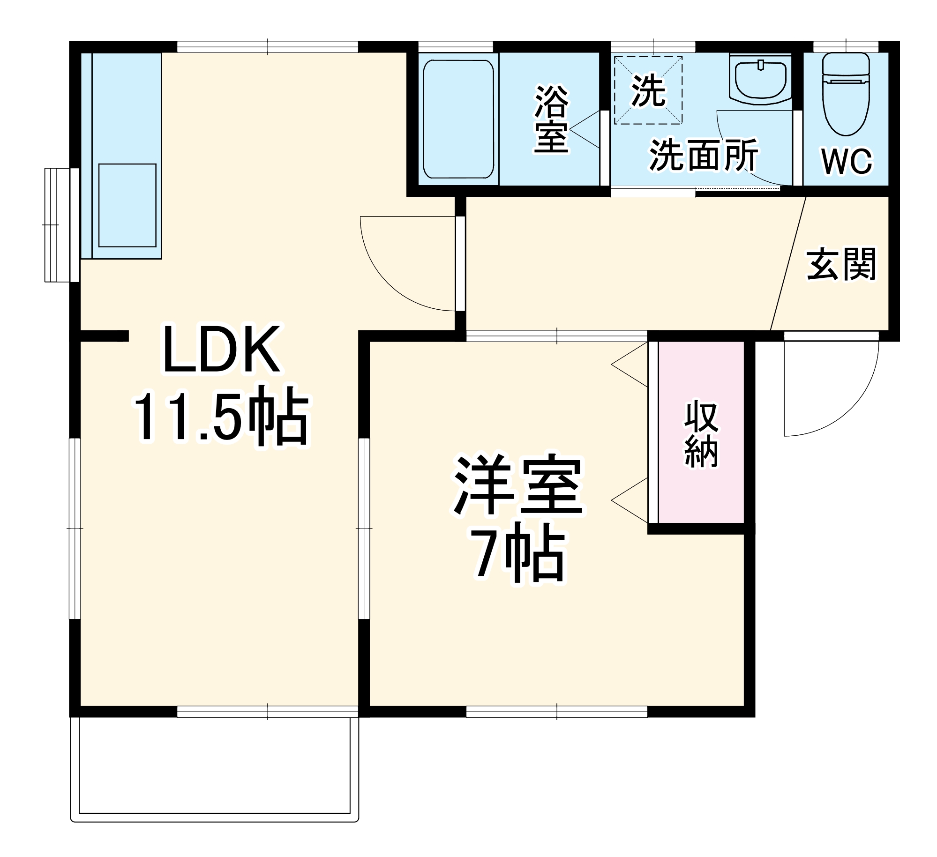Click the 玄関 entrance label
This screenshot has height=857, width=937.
pos(841,265)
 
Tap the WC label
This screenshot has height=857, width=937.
pos(847,162)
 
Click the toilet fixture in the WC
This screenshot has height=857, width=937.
pos(846,94)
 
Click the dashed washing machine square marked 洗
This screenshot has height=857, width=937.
pos(648,90)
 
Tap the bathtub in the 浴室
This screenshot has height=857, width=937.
pos(458,119)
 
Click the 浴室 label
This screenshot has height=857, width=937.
pos(551,119)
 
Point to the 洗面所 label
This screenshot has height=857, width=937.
pos(703,155)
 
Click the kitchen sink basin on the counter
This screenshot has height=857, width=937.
pos(127,205)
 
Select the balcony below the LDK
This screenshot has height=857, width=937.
pos(214,768)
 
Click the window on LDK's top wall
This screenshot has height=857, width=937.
pos(267,47)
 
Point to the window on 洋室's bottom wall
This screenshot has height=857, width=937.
pos(556,712)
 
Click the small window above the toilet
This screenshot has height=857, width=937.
pos(846,46)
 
